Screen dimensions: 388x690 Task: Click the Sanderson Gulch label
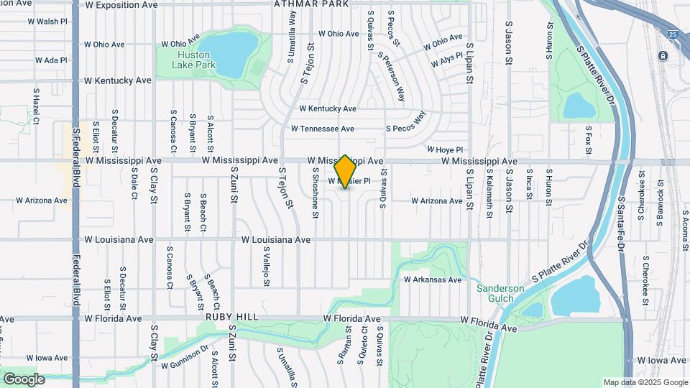(500, 293)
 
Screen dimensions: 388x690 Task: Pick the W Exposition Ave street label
(121, 5)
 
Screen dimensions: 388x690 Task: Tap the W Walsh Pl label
(47, 22)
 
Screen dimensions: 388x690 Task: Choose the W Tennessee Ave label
(322, 129)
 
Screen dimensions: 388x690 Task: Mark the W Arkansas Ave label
(432, 280)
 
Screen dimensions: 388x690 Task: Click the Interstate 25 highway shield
(672, 34)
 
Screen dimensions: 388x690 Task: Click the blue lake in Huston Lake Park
(233, 52)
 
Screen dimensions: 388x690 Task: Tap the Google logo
(24, 379)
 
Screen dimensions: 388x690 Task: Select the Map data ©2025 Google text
(645, 382)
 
